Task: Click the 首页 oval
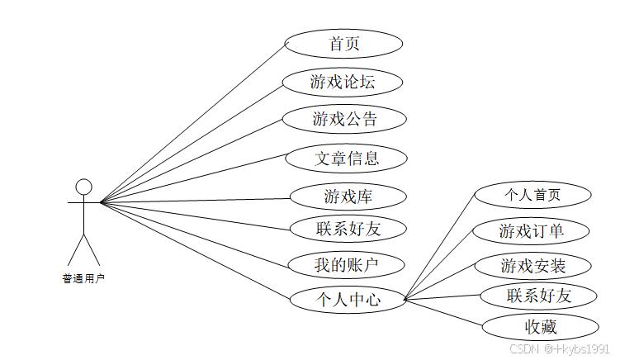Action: click(x=343, y=44)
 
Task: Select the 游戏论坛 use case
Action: click(x=343, y=82)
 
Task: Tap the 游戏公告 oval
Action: click(x=344, y=119)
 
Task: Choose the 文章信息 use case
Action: click(x=347, y=157)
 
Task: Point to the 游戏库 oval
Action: click(x=348, y=197)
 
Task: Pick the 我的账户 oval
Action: click(x=347, y=264)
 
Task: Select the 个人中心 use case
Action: click(x=348, y=300)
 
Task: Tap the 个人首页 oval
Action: click(x=532, y=195)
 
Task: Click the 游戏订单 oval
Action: click(x=532, y=230)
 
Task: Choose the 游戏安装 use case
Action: click(x=532, y=266)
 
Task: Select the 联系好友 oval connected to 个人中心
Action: click(x=539, y=296)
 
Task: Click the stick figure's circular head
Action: click(x=83, y=187)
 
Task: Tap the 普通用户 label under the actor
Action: click(x=83, y=278)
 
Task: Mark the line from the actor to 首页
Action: click(x=192, y=123)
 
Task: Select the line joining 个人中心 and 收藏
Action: click(x=443, y=313)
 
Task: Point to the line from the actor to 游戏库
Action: click(x=195, y=199)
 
